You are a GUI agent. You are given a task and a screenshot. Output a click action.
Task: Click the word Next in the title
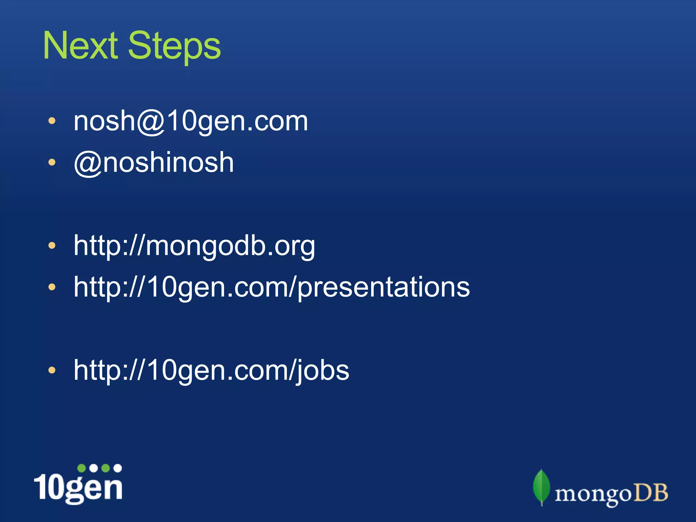(80, 46)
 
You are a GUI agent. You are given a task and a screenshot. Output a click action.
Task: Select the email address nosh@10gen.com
(191, 121)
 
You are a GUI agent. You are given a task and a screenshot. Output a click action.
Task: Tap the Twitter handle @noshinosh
(154, 163)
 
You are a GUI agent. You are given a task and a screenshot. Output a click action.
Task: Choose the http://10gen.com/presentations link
(272, 288)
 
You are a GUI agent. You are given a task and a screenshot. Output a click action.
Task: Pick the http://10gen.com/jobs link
(211, 370)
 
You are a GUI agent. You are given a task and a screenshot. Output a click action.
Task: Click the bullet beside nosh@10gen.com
(52, 121)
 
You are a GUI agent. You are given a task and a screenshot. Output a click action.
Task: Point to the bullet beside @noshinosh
(52, 163)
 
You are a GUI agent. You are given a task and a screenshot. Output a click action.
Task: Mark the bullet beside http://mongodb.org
(52, 246)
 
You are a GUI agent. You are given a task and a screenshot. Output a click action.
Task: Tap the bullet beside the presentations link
(52, 288)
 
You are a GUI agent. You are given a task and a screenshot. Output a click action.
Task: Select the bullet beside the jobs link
(52, 370)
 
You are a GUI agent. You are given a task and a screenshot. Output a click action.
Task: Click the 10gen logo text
(78, 487)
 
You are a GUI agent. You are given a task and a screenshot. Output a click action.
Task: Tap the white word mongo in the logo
(593, 494)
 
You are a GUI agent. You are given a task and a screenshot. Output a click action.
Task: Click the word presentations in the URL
(384, 288)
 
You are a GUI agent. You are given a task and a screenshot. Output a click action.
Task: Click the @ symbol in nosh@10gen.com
(151, 122)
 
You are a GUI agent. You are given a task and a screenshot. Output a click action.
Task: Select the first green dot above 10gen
(82, 468)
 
